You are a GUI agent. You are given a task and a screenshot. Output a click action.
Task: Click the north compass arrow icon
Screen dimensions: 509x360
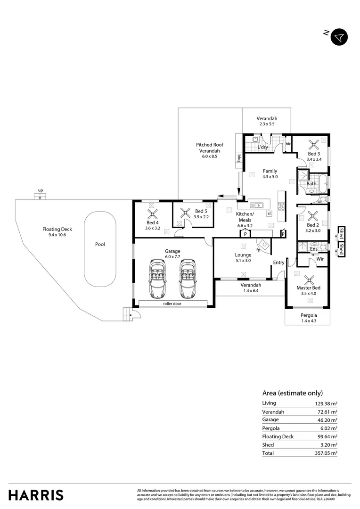[x=339, y=37]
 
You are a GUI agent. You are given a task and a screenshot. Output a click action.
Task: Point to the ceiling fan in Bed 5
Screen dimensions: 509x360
[x=184, y=212]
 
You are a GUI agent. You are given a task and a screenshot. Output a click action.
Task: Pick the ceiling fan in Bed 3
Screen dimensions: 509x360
[x=314, y=145]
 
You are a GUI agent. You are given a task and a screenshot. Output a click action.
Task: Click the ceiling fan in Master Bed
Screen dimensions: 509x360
[x=309, y=279]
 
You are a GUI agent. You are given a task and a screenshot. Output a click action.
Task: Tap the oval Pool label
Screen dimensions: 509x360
[x=99, y=245]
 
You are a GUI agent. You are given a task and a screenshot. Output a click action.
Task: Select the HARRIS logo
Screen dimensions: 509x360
[x=36, y=495]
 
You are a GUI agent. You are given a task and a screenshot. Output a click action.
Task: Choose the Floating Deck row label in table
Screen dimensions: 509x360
[x=278, y=436]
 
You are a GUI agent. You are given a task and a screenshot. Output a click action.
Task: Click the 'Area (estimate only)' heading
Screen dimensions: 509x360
[x=292, y=393]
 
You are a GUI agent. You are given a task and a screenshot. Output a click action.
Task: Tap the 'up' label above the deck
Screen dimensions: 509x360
[x=41, y=190]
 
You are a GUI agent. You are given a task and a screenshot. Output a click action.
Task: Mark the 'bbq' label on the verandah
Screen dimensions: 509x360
[x=239, y=159]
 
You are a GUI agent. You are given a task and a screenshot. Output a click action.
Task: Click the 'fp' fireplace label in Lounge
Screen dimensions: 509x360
[x=259, y=250]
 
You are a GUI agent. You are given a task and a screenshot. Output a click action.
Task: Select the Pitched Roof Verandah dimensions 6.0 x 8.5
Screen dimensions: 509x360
[x=210, y=157]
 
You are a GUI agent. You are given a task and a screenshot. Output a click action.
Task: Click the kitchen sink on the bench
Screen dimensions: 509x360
[x=257, y=205]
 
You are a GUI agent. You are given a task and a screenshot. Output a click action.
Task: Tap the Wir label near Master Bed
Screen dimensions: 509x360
[x=320, y=259]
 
